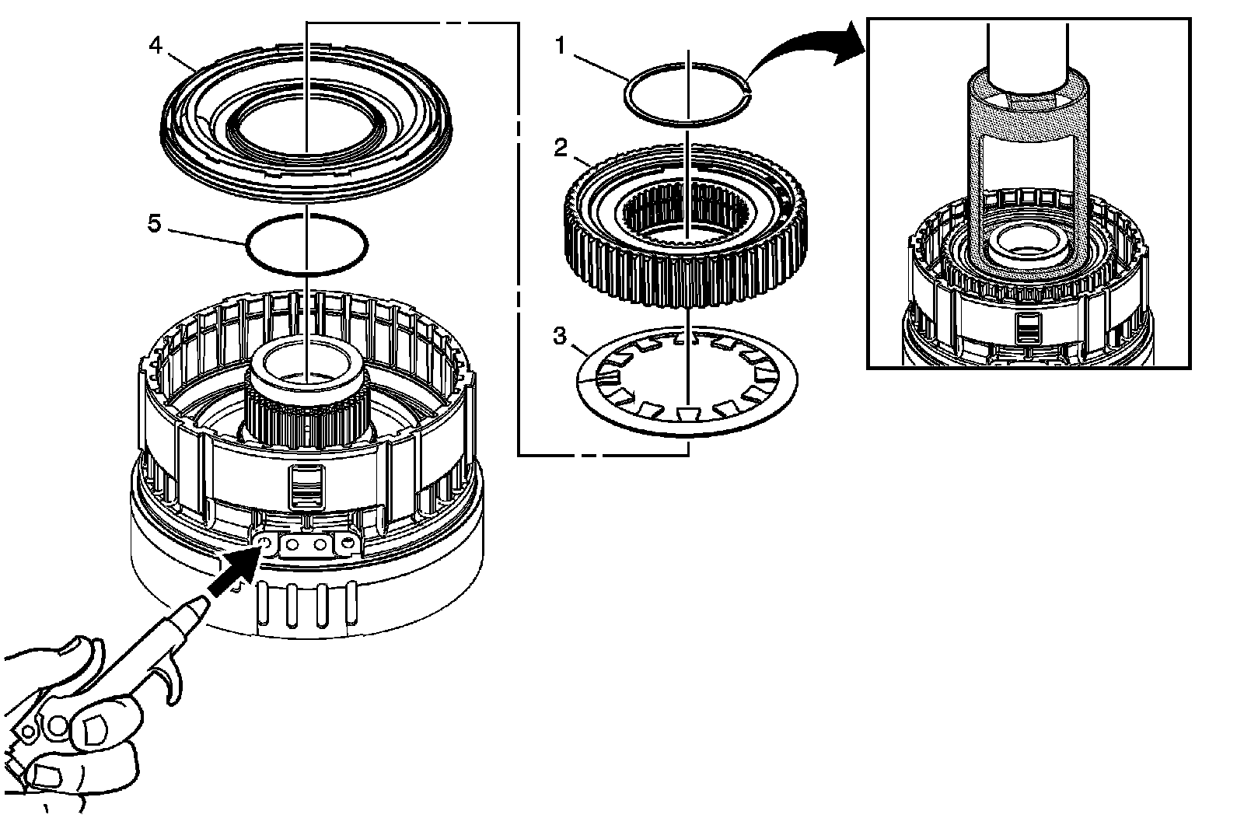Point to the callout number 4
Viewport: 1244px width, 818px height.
(x=155, y=46)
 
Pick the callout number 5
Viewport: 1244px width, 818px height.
(x=155, y=225)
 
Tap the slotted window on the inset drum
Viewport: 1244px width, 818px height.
(x=1026, y=330)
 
